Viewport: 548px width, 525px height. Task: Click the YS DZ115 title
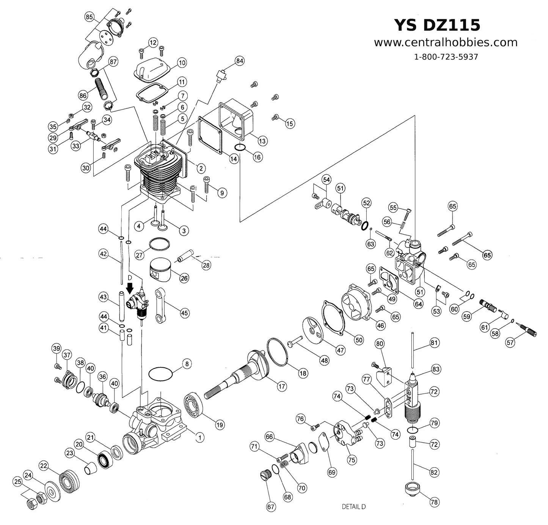(x=437, y=25)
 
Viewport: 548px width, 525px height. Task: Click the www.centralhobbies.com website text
(x=446, y=42)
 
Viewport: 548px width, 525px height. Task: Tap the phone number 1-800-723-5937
(x=446, y=57)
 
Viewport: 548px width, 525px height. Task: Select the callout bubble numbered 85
(x=90, y=17)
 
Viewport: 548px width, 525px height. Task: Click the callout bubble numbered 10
(x=182, y=63)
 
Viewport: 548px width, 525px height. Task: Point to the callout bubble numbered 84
(x=240, y=61)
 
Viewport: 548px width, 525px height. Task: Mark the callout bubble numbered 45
(x=184, y=313)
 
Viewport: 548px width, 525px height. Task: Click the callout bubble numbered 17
(x=281, y=387)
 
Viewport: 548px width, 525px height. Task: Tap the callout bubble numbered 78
(x=434, y=502)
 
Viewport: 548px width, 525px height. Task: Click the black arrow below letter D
(x=130, y=289)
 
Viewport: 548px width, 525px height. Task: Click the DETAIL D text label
(x=353, y=506)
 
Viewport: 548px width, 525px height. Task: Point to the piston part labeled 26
(x=159, y=270)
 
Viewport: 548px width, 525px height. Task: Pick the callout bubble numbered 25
(x=17, y=481)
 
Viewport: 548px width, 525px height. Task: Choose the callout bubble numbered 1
(x=199, y=437)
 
